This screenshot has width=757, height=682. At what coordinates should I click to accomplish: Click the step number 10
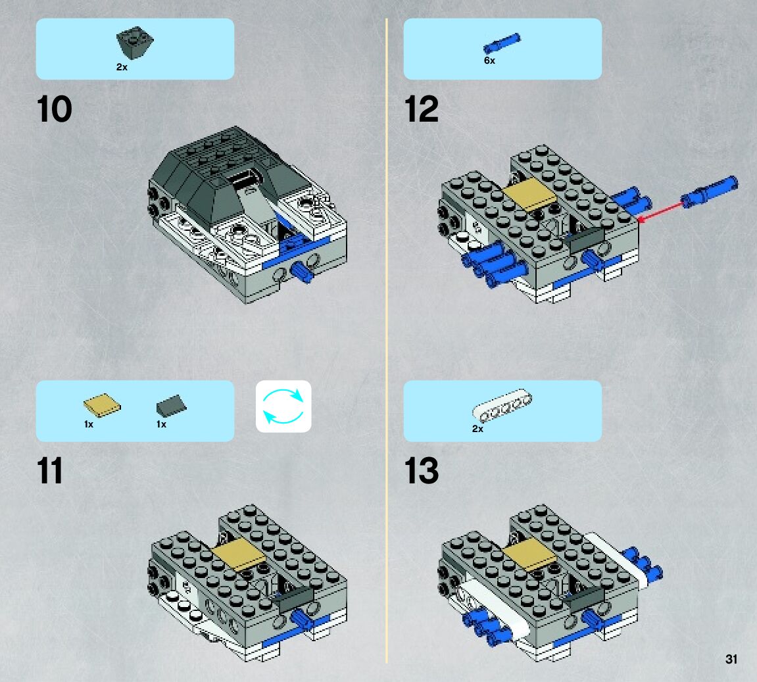pyautogui.click(x=55, y=109)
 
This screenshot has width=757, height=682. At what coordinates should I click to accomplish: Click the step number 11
pyautogui.click(x=51, y=472)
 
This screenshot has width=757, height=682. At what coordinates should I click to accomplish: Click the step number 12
pyautogui.click(x=422, y=109)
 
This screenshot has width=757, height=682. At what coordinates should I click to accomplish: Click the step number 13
pyautogui.click(x=422, y=472)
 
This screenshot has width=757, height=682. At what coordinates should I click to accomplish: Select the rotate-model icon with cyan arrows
pyautogui.click(x=283, y=406)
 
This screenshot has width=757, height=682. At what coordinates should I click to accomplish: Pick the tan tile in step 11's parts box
pyautogui.click(x=103, y=408)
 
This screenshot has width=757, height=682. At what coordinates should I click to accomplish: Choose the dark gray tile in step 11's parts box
pyautogui.click(x=171, y=406)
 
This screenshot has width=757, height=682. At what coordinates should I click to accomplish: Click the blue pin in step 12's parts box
pyautogui.click(x=502, y=43)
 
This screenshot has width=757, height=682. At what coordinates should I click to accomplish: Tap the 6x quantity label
pyautogui.click(x=489, y=61)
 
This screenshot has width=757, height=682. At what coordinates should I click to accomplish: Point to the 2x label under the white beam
pyautogui.click(x=477, y=429)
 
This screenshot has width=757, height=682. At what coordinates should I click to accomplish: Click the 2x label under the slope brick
pyautogui.click(x=122, y=67)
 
